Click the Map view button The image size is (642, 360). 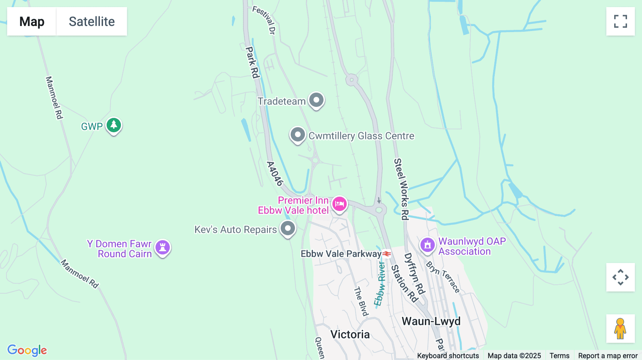tap(32, 21)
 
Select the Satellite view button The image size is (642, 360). tap(92, 21)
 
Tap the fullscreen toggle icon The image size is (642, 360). tap(620, 21)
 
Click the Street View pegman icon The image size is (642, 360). tap(620, 328)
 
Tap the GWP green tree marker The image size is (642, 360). tap(114, 125)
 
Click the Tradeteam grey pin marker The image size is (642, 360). tap(316, 100)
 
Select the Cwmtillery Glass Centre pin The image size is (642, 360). tap(297, 135)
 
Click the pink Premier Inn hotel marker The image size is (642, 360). tap(339, 204)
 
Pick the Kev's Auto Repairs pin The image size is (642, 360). tap(288, 228)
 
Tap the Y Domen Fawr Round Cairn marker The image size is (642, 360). tap(163, 247)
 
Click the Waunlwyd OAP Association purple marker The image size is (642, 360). tap(427, 245)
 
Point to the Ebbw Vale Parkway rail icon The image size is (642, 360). tap(387, 254)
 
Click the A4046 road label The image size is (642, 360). tap(275, 174)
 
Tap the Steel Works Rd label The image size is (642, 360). tap(401, 189)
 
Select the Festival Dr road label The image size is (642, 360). tap(264, 20)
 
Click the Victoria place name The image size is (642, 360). tap(350, 334)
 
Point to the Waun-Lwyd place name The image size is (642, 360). tap(431, 321)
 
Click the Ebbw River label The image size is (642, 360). tap(380, 284)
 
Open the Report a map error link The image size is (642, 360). tap(608, 356)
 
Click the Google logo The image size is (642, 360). tap(27, 350)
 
